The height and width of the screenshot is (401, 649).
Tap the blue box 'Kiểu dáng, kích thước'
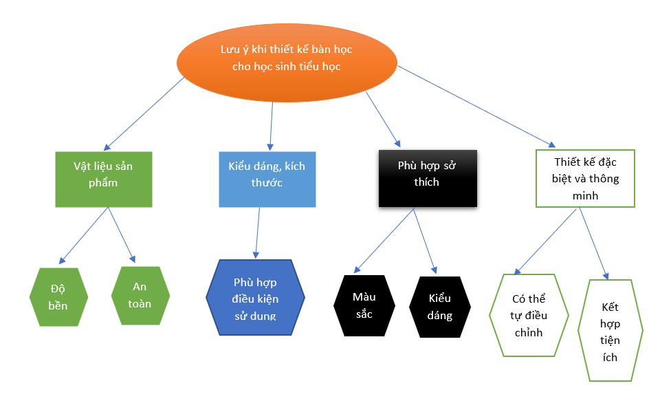[267, 177]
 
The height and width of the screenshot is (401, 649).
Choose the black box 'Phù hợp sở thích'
[427, 177]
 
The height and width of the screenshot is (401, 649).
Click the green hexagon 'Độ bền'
[58, 296]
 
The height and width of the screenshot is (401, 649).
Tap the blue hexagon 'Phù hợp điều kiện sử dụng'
[255, 297]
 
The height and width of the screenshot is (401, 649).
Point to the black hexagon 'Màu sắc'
[364, 305]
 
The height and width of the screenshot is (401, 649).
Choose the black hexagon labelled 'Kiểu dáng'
[440, 306]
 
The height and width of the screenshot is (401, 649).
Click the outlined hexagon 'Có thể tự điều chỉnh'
[529, 315]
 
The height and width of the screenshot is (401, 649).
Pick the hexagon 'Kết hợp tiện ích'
[610, 330]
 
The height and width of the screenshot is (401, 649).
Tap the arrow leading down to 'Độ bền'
[84, 236]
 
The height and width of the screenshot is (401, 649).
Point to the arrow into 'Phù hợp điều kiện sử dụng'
[257, 232]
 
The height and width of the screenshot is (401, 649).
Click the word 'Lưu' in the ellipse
[231, 50]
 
